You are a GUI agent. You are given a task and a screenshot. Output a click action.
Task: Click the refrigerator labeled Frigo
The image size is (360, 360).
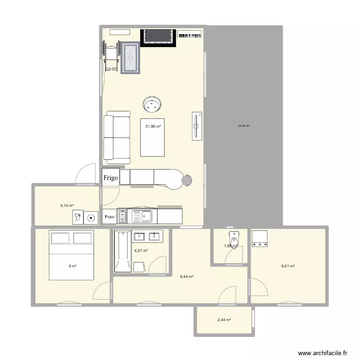(110, 177)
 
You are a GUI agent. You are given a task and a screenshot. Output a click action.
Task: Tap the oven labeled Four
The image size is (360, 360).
(109, 217)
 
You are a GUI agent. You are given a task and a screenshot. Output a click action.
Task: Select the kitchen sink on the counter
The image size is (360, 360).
(142, 217)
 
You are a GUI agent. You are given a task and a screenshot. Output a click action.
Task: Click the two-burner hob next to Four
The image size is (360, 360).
(122, 217)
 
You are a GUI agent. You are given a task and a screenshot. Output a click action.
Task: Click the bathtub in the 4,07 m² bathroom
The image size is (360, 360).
(121, 251)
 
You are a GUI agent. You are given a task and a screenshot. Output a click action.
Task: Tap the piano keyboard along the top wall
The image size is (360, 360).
(190, 35)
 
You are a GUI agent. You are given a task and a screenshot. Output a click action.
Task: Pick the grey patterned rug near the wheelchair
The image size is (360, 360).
(130, 58)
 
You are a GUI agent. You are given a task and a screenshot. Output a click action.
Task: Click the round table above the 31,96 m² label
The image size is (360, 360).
(153, 104)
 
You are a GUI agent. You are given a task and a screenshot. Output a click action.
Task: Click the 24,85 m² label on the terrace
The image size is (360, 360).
(243, 126)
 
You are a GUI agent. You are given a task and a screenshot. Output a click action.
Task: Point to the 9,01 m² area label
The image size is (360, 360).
(288, 266)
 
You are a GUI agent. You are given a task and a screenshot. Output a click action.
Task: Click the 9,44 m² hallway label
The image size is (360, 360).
(187, 276)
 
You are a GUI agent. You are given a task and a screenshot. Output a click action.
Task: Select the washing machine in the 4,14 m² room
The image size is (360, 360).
(91, 217)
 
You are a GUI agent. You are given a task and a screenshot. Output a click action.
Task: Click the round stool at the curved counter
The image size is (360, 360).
(187, 180)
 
